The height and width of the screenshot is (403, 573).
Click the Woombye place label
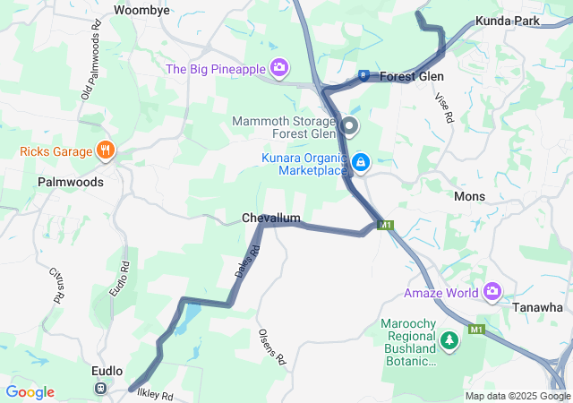(x=141, y=10)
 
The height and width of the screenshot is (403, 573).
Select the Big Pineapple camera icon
(x=280, y=67)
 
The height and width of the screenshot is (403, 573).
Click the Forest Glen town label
(x=412, y=76)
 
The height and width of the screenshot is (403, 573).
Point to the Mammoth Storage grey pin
(x=350, y=126)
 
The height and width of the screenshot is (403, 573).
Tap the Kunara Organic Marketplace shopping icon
(x=360, y=162)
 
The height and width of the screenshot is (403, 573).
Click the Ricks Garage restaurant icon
(x=106, y=150)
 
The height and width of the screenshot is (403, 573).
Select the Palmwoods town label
(x=71, y=181)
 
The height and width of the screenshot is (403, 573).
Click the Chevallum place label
(x=270, y=218)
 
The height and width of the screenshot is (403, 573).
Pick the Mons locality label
(x=469, y=196)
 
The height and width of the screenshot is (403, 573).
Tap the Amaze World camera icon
(x=492, y=292)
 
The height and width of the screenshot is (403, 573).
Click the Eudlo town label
(x=107, y=369)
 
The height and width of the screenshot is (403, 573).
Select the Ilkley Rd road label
(x=154, y=395)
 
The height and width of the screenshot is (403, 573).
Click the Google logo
(x=30, y=392)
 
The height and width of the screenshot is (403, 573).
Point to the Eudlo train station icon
(x=100, y=389)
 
